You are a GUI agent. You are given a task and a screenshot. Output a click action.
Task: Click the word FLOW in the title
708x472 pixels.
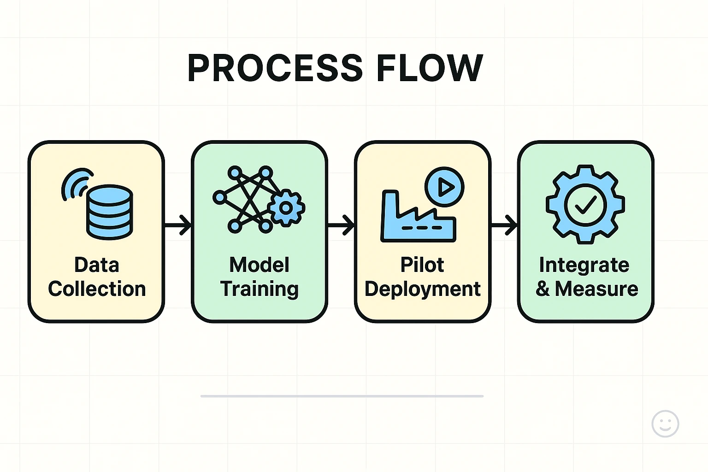430,68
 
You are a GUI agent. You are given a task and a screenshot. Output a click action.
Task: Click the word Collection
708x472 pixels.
97,289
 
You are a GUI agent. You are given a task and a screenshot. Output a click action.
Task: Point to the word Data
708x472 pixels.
97,265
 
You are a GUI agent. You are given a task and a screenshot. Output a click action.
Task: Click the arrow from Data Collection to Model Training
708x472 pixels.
178,225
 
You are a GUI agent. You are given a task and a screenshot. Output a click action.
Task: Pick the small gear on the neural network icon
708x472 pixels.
286,208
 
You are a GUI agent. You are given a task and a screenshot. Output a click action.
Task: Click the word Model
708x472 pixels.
260,265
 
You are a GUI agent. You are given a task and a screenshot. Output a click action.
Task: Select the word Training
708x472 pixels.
260,289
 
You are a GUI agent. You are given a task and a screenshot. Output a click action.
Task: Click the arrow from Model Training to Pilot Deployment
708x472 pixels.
341,225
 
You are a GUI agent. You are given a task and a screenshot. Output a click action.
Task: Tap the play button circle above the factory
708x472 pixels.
444,187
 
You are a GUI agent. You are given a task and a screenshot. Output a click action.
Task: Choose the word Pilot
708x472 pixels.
422,265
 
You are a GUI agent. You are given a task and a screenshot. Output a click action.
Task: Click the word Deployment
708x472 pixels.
422,289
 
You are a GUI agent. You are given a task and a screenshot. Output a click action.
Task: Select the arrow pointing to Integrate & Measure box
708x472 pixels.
504,225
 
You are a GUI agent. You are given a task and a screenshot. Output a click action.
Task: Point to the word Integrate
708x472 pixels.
584,265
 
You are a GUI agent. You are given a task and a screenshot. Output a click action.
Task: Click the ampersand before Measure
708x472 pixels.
543,289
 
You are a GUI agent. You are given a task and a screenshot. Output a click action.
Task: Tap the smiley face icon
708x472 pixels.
665,424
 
